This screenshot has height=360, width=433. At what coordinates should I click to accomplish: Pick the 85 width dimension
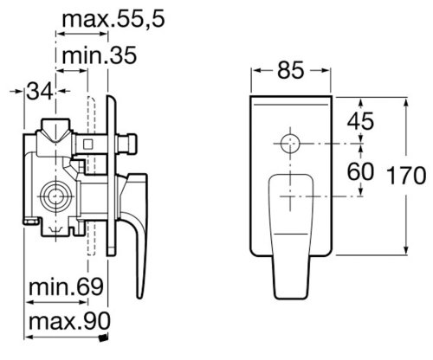[x=291, y=69]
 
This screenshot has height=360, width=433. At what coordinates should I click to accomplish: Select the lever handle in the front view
[x=293, y=234]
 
